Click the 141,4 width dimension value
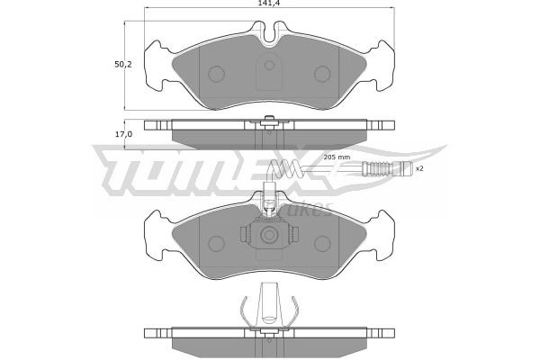[268, 3]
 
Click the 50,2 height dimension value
[123, 64]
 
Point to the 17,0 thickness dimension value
[123, 134]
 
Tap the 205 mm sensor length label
[337, 157]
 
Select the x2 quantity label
[419, 169]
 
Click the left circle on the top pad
[217, 74]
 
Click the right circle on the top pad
[322, 74]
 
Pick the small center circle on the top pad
[269, 65]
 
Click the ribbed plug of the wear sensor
[387, 169]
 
